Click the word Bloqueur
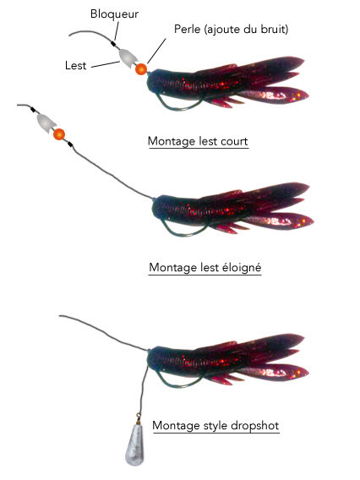coord(114,14)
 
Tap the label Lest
coord(75,66)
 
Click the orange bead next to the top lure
coord(141,69)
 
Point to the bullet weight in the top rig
coord(128,58)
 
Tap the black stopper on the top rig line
coord(113,44)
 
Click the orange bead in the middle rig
coord(59,134)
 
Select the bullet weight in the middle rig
coord(46,123)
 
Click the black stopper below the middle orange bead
coord(70,145)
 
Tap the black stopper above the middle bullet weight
coord(33,110)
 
